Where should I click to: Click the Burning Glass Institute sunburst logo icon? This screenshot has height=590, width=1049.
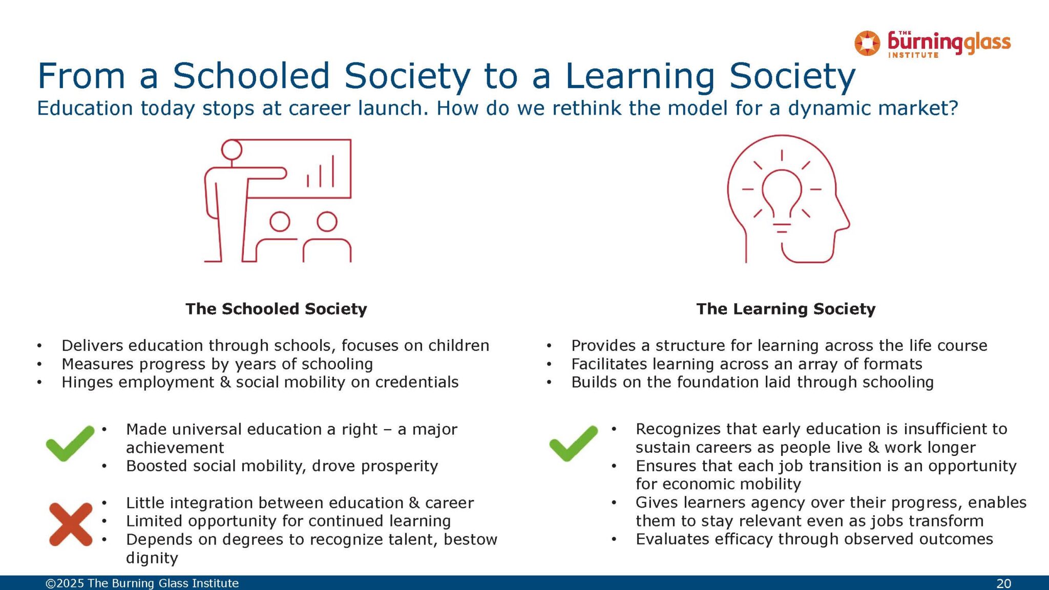(x=867, y=43)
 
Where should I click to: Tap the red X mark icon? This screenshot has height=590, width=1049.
(x=71, y=524)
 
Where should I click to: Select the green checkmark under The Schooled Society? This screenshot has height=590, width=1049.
(x=70, y=443)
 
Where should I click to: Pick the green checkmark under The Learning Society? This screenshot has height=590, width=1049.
(x=573, y=443)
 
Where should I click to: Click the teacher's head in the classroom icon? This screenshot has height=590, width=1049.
(x=232, y=150)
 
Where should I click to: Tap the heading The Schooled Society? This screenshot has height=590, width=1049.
(x=276, y=309)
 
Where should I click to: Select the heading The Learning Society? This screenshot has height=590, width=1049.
(x=786, y=309)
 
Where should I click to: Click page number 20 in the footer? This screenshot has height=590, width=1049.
(x=1003, y=583)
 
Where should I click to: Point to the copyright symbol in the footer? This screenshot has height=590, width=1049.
(x=51, y=583)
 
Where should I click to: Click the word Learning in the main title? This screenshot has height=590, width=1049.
(x=640, y=77)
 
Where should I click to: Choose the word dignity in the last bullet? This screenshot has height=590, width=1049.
(x=152, y=558)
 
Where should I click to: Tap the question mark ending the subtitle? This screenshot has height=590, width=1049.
(x=953, y=108)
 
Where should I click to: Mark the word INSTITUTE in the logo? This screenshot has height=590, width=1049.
(x=913, y=55)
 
